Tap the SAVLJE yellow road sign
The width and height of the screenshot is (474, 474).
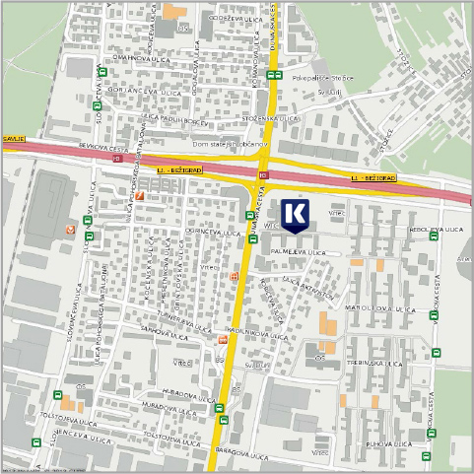tap(11, 140)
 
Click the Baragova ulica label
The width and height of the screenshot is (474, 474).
tap(245, 456)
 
